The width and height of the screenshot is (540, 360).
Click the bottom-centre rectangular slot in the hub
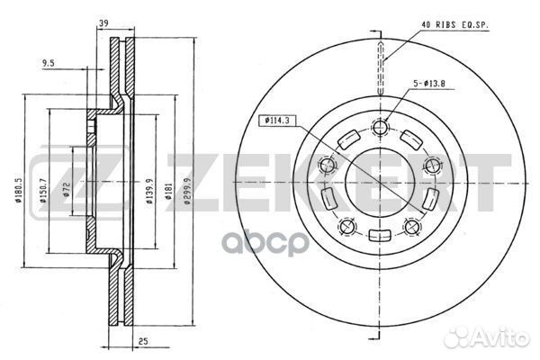(380, 236)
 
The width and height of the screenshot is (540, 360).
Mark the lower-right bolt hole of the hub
(413, 225)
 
